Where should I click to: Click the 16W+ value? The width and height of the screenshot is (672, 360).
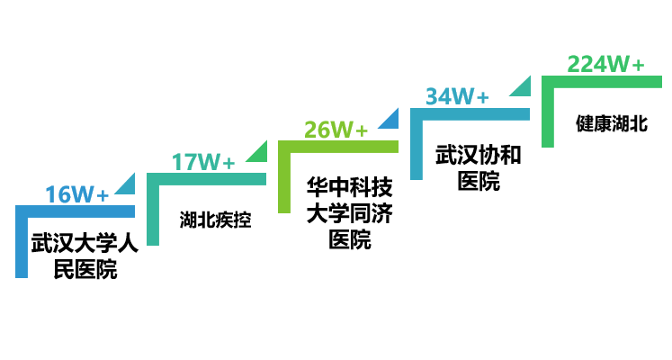coord(77,194)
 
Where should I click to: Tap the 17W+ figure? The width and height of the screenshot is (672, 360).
coord(203,162)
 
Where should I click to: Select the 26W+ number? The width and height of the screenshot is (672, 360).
coord(336,130)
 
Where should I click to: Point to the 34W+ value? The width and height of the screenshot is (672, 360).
coord(457,96)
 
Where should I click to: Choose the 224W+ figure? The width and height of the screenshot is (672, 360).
coord(605,65)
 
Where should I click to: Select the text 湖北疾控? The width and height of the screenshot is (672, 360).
coord(215,219)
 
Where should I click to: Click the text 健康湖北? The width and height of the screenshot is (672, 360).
coord(612,124)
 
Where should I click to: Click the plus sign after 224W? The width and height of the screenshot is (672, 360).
coord(637,66)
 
